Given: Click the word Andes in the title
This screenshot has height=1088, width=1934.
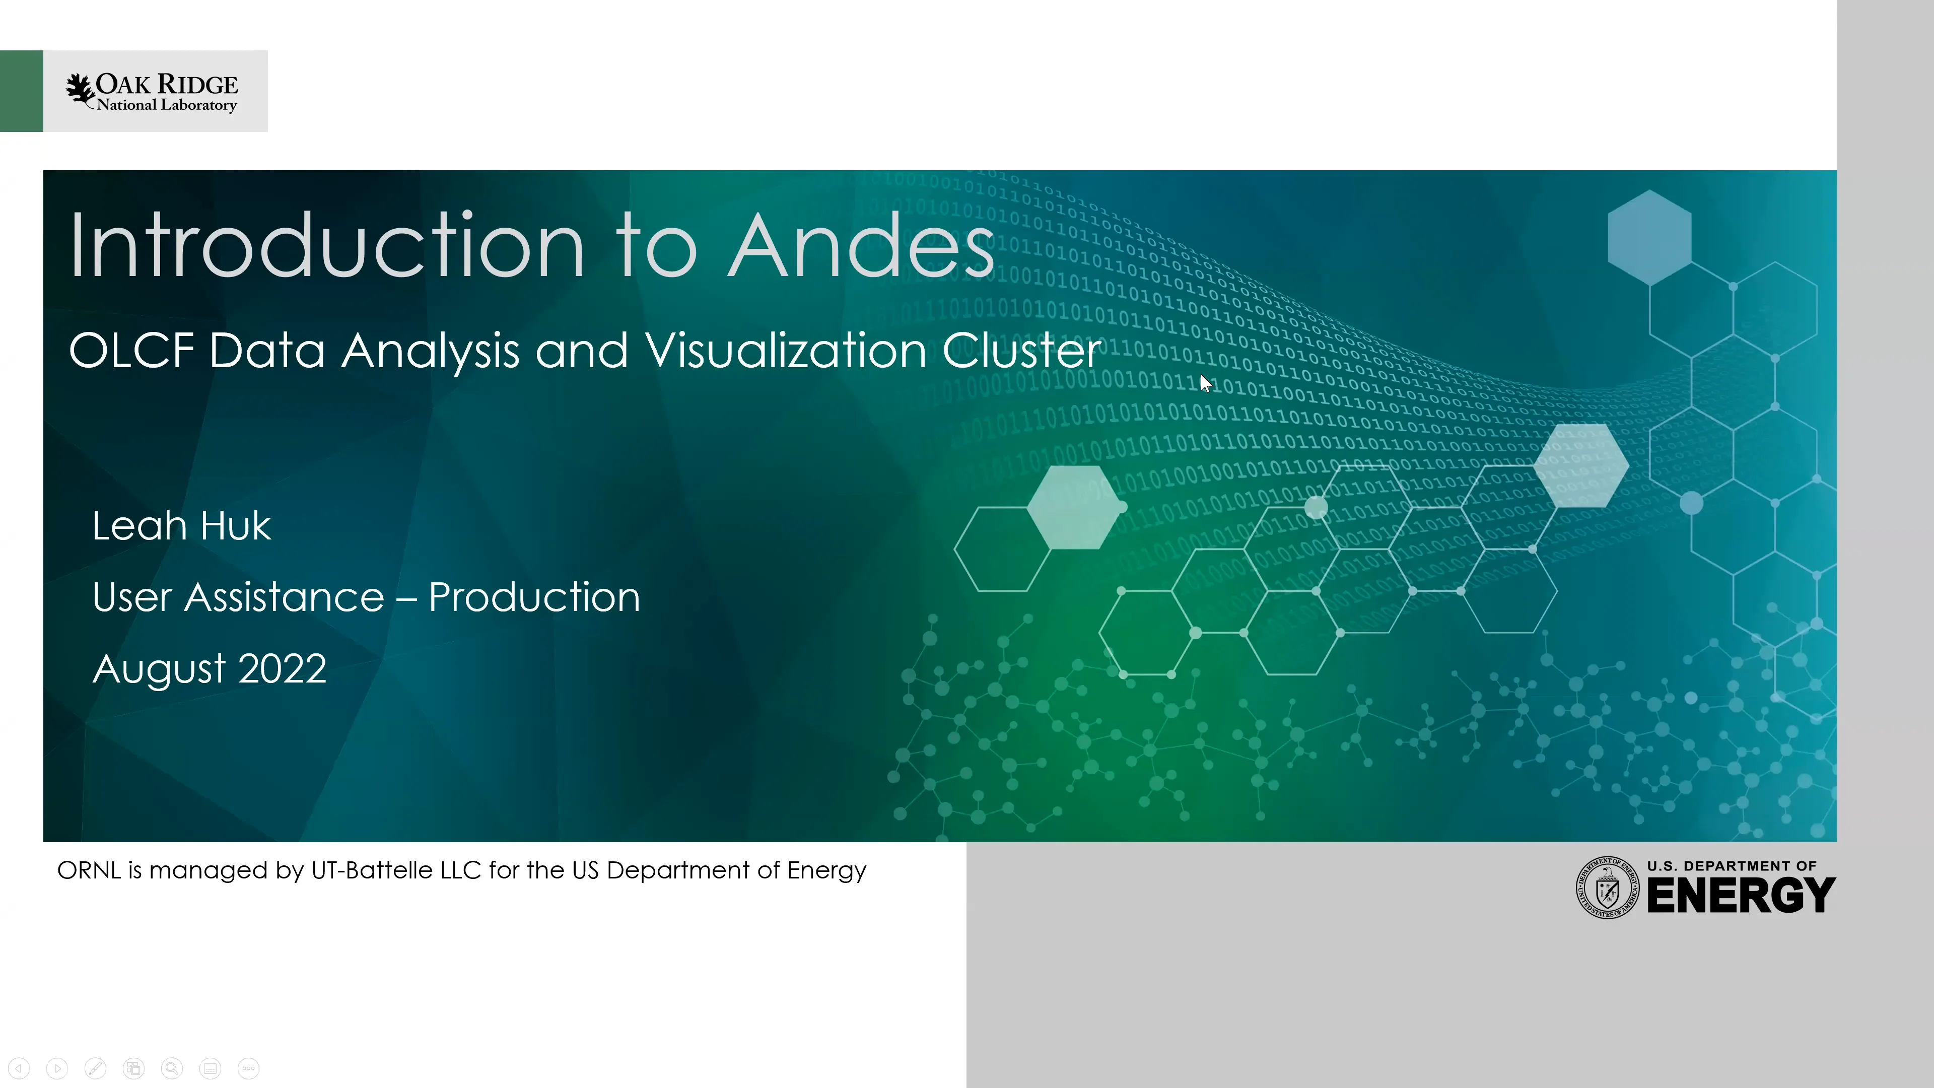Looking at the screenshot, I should (x=861, y=245).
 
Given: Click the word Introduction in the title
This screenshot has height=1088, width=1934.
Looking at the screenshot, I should (x=326, y=245).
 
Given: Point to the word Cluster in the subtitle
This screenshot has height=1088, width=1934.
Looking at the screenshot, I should (x=1021, y=351).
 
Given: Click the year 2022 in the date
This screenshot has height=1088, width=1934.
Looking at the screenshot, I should (x=282, y=668).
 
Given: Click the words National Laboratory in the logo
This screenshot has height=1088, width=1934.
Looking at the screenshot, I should (x=167, y=105).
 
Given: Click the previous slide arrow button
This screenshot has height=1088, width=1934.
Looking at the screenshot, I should (x=19, y=1068).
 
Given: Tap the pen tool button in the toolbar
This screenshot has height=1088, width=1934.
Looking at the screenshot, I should (x=95, y=1068).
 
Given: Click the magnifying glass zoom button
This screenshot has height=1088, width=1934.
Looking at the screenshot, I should (x=172, y=1068).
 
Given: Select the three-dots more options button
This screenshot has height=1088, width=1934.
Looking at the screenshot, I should (x=248, y=1068).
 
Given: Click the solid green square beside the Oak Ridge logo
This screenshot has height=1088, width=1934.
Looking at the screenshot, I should (x=21, y=91).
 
